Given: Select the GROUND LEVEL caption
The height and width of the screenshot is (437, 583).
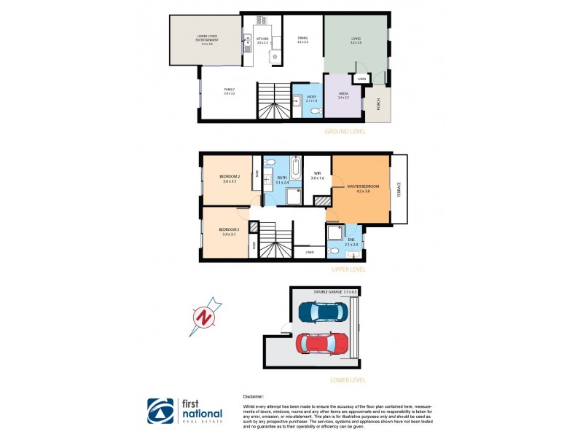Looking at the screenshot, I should click(345, 132).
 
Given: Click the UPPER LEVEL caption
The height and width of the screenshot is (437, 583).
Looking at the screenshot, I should click(348, 269).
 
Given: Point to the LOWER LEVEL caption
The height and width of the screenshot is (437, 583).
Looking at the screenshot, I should click(347, 379).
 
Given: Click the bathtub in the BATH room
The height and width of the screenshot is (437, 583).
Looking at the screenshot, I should click(295, 168).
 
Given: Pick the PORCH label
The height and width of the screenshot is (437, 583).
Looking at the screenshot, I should click(377, 106).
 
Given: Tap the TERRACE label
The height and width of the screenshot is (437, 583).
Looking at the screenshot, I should click(399, 189).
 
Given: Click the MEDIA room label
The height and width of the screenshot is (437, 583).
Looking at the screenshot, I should click(343, 95).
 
